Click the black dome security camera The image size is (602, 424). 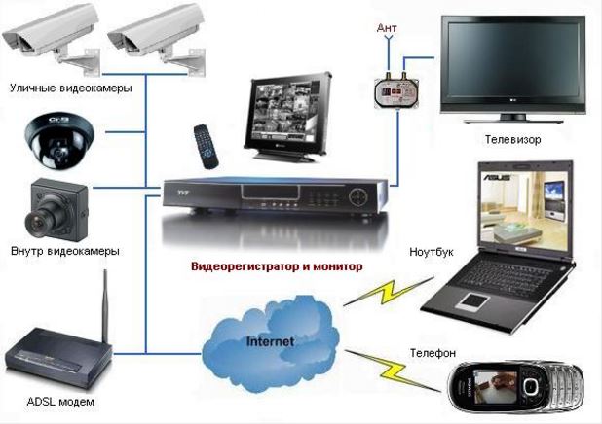(x=59, y=141)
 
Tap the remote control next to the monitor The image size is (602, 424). (x=206, y=147)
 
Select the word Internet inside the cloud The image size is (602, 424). (x=270, y=341)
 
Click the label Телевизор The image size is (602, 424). (x=512, y=139)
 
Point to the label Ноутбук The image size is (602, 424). (x=432, y=252)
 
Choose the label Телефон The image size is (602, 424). (x=433, y=353)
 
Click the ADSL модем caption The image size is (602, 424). (x=60, y=402)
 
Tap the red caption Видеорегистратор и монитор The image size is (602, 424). (x=277, y=266)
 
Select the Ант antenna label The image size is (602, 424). (x=387, y=27)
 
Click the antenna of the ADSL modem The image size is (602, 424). (x=104, y=306)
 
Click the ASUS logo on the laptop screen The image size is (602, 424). (x=497, y=178)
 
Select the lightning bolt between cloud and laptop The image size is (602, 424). (x=388, y=292)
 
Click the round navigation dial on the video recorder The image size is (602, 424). (x=358, y=197)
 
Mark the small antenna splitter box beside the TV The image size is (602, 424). (x=395, y=92)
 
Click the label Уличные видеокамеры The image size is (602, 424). (x=71, y=88)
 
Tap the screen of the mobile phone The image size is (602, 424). (x=493, y=386)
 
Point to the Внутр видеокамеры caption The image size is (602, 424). (x=65, y=252)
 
